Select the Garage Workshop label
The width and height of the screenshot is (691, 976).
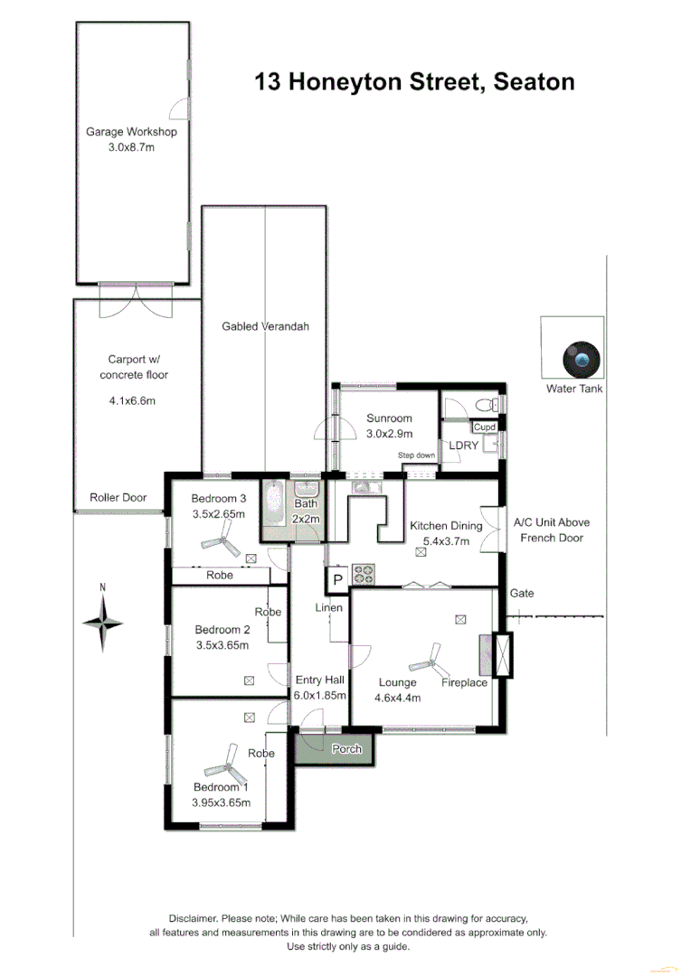tap(131, 132)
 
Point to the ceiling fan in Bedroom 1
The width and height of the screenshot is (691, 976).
tap(226, 770)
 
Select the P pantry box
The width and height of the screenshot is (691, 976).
tap(337, 579)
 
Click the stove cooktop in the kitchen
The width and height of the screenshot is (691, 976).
tap(364, 573)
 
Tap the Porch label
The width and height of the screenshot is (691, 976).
tap(347, 749)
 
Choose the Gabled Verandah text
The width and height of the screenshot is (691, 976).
tap(265, 326)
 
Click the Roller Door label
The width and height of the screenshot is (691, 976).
tap(118, 498)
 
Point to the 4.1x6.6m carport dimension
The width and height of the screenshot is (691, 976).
tap(131, 400)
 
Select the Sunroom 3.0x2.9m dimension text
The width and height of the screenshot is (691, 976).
tap(389, 435)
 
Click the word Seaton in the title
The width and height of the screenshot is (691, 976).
tap(533, 82)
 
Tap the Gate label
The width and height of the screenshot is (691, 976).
tap(522, 594)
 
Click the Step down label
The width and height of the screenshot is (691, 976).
tap(416, 455)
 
